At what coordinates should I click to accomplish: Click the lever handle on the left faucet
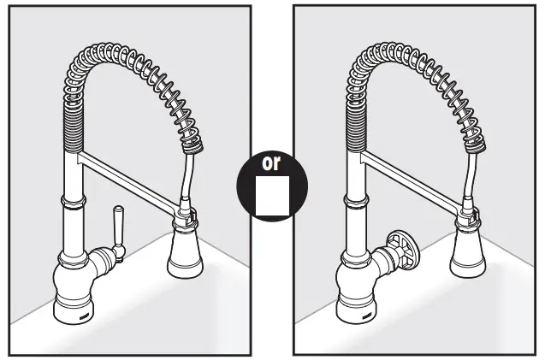click(119, 232)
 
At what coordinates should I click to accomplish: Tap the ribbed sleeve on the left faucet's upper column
click(70, 128)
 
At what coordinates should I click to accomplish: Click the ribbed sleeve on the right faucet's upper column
click(352, 128)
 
